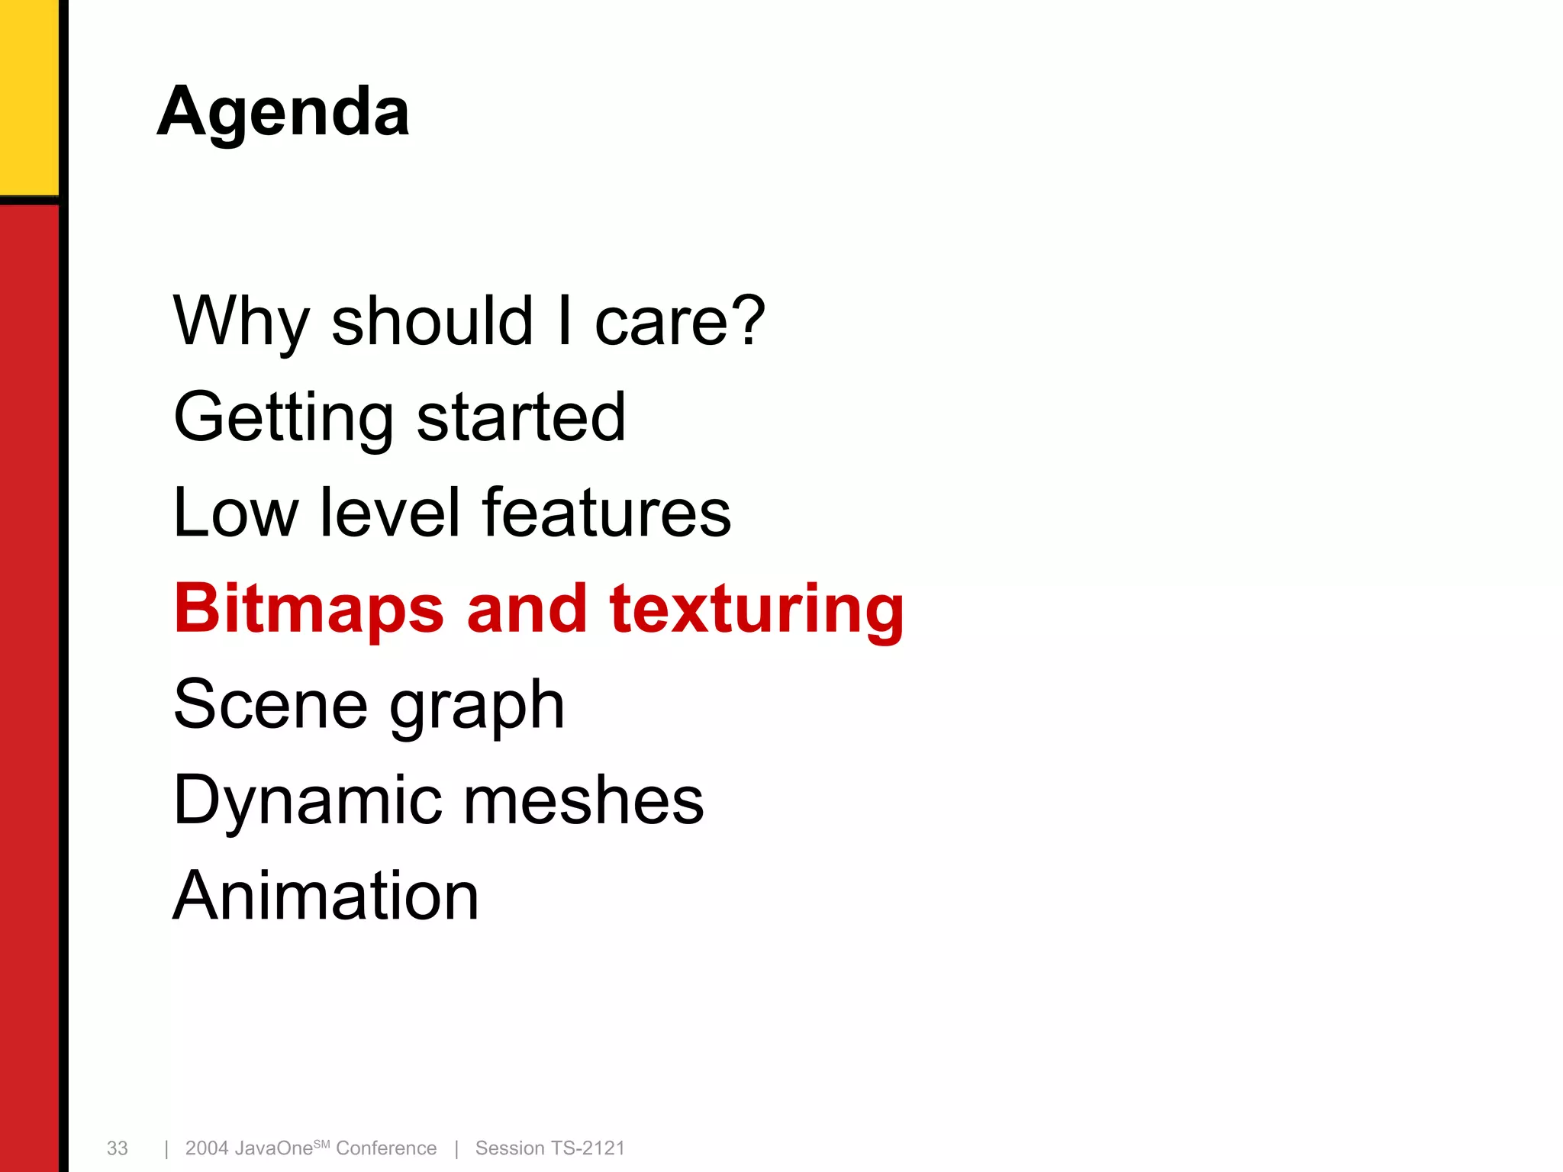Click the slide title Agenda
pos(283,112)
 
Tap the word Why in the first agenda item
pos(240,321)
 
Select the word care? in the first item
pos(679,321)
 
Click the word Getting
pos(283,418)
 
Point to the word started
pos(521,417)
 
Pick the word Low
pos(236,513)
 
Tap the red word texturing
pos(756,610)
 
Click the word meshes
pos(584,800)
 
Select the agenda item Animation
pos(326,896)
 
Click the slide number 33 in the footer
pos(117,1148)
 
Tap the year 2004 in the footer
pos(207,1148)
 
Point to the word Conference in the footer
pos(386,1148)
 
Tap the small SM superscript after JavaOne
pos(321,1144)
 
